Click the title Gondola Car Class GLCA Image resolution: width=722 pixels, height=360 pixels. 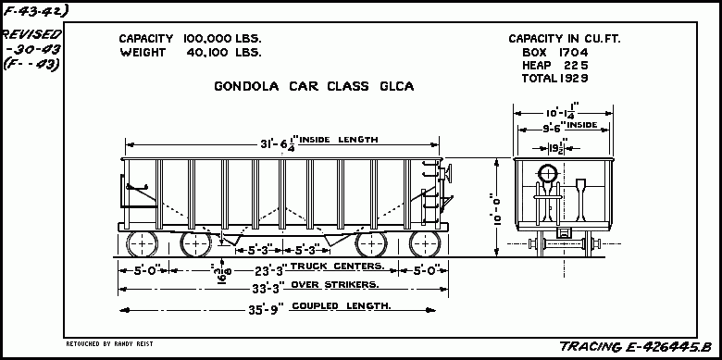point(314,87)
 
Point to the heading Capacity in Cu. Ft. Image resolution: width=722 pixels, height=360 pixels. point(563,39)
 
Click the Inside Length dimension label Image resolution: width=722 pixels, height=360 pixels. point(319,141)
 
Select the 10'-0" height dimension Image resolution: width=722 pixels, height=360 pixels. point(498,209)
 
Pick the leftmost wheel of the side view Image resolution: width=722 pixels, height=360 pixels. point(142,244)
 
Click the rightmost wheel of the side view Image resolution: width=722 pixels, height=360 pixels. point(425,244)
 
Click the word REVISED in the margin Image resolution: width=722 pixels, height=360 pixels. point(31,33)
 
